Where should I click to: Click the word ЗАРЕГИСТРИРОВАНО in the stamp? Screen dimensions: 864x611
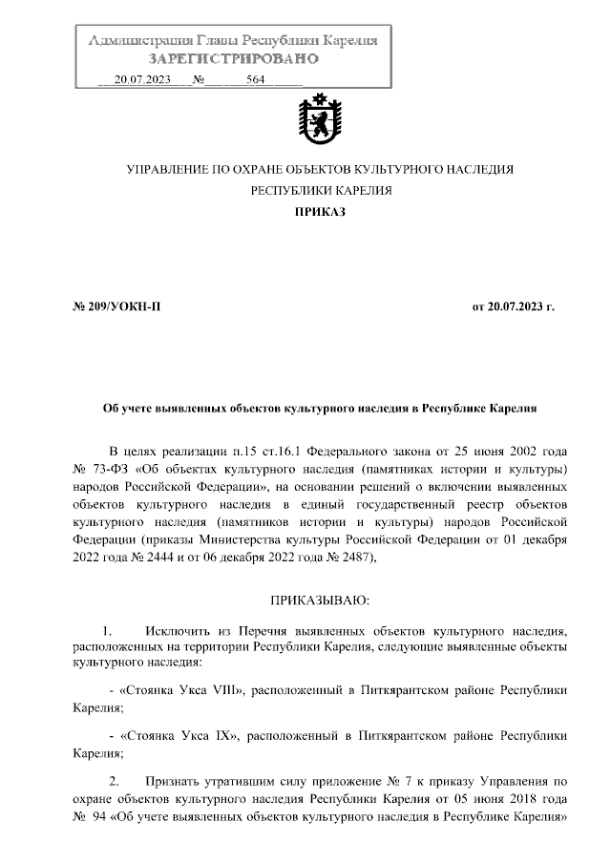(233, 59)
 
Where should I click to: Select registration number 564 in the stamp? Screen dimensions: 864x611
(255, 80)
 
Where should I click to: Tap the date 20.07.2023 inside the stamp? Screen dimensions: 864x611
(141, 80)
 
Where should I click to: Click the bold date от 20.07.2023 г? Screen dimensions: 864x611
(513, 307)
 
